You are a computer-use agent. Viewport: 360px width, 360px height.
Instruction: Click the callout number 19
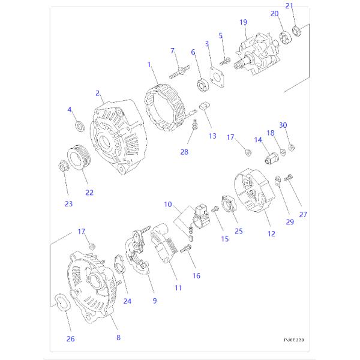243,22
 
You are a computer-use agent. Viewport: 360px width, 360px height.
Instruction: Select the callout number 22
89,193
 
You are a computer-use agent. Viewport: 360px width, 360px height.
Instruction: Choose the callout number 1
149,64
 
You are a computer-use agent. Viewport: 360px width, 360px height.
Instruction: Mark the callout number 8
118,337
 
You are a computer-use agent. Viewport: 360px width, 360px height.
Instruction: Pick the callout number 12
271,233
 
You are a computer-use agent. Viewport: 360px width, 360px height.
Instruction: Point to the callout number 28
184,152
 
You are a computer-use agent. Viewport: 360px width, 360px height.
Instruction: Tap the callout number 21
289,6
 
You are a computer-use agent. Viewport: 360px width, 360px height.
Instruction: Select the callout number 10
168,205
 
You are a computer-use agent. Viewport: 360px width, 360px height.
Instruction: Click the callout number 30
284,125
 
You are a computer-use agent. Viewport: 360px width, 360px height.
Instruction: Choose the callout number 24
127,301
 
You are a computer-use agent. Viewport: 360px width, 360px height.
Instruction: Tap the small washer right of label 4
79,126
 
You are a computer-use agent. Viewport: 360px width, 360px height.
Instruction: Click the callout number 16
196,275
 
